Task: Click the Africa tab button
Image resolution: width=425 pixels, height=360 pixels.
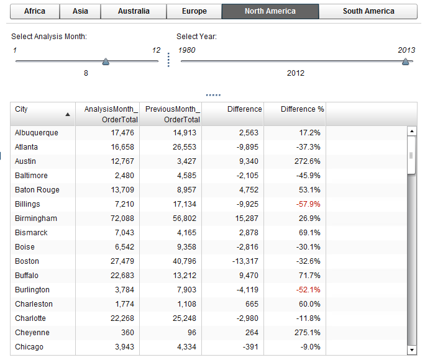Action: [35, 11]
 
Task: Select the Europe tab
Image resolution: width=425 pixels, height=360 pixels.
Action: [194, 11]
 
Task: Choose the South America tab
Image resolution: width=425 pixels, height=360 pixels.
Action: [368, 11]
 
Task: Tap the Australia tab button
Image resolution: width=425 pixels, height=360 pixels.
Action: [134, 11]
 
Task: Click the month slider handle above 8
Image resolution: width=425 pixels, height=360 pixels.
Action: [106, 61]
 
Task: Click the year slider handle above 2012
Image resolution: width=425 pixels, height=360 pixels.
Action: [406, 61]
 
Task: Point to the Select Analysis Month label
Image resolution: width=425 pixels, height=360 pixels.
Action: [49, 37]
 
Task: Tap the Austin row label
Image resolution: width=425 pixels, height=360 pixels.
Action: [25, 161]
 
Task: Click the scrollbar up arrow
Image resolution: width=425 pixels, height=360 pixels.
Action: [411, 131]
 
